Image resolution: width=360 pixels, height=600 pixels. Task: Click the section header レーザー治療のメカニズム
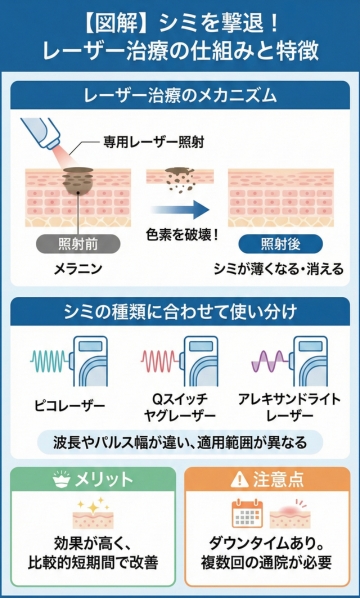click(180, 98)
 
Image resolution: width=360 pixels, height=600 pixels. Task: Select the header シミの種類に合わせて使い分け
click(180, 311)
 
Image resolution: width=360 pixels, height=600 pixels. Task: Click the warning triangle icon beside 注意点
click(237, 480)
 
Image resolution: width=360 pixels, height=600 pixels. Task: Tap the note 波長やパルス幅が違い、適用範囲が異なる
click(180, 441)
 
